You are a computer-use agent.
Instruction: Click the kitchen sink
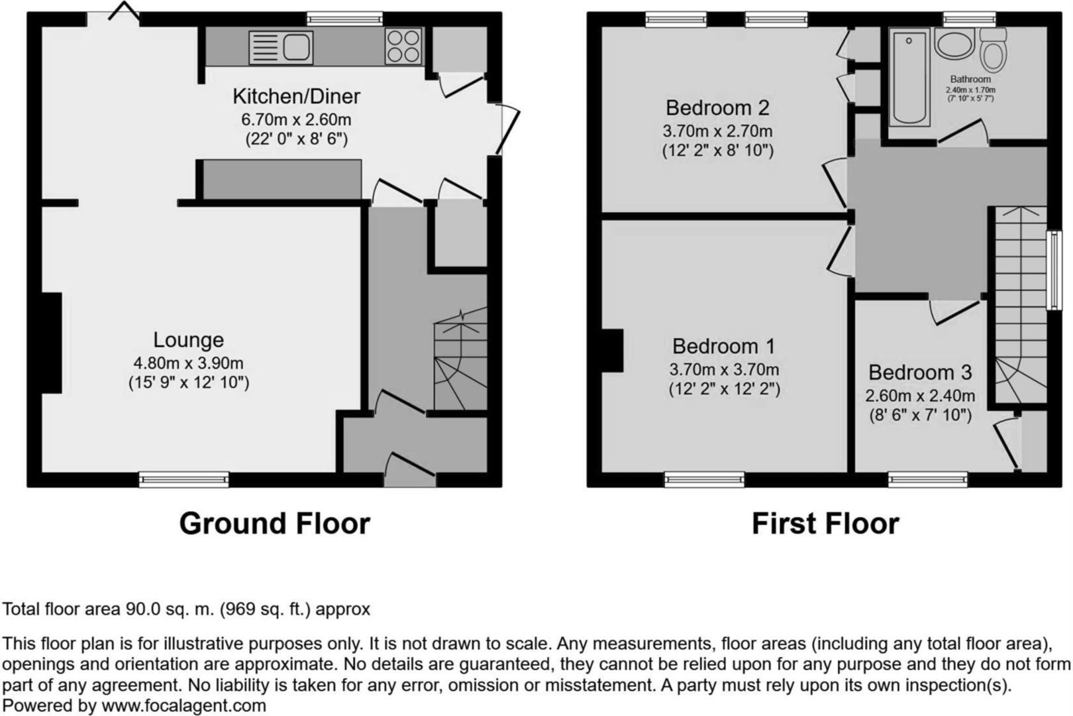281,48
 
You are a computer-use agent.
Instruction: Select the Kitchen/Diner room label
296,96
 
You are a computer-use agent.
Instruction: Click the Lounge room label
188,339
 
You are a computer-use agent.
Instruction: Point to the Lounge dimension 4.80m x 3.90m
188,363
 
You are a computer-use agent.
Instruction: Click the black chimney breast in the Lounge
52,343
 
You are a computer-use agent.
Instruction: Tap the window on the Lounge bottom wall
183,479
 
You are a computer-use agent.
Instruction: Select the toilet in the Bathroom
994,50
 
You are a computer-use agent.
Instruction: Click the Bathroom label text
970,80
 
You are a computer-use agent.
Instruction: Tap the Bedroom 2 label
717,107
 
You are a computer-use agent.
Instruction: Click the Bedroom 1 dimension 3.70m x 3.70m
724,369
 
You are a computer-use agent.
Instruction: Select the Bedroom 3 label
920,373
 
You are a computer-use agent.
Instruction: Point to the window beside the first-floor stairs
1053,270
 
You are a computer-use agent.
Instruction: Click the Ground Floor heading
274,524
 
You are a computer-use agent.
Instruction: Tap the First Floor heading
825,524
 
